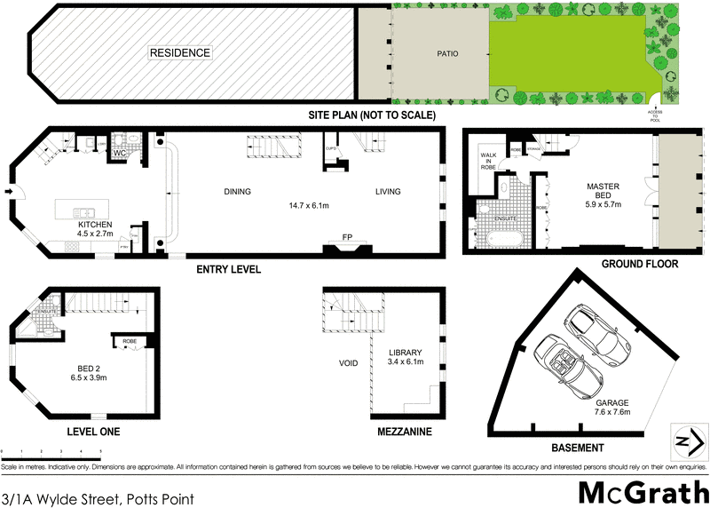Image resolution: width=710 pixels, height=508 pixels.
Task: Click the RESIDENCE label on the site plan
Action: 179,52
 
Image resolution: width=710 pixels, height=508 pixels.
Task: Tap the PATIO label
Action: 446,53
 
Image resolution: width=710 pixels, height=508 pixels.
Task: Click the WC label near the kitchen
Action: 120,153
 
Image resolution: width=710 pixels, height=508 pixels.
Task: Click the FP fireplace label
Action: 347,238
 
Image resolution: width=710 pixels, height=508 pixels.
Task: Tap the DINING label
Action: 238,191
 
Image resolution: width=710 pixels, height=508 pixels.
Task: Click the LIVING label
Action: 387,191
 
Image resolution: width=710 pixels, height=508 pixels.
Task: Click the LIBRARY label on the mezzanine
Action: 405,353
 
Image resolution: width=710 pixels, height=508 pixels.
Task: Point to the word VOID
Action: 348,363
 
